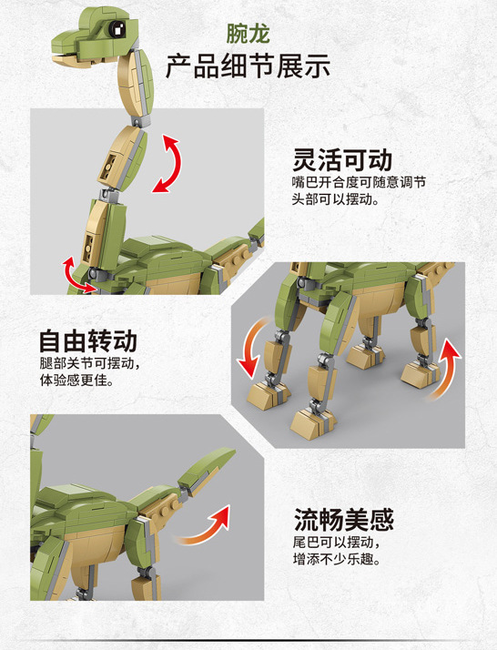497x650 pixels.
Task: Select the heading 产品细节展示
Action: [248, 66]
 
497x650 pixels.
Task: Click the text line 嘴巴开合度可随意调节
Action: [358, 182]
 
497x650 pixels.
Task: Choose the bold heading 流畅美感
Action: [343, 520]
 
